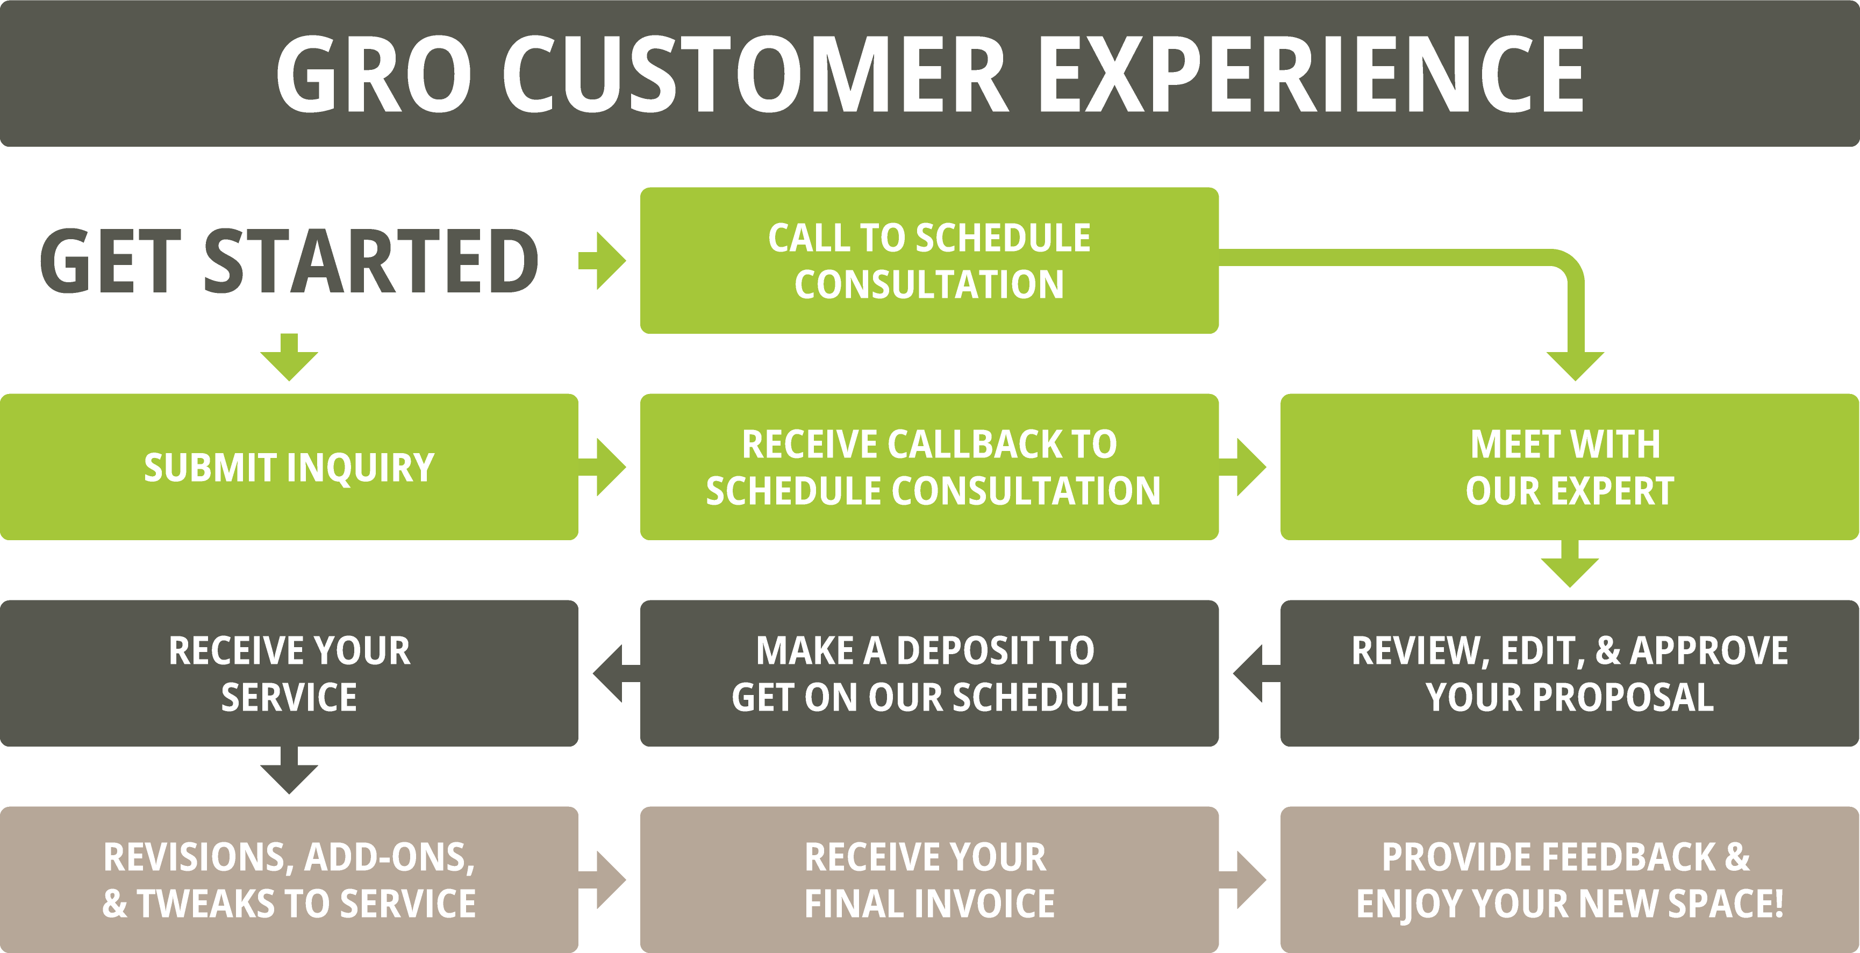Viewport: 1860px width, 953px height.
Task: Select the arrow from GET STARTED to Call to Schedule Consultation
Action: [602, 261]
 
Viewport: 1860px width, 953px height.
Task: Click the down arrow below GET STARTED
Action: [289, 357]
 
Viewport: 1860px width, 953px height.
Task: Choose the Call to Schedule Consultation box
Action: [929, 261]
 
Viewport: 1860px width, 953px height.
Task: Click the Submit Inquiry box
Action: [289, 467]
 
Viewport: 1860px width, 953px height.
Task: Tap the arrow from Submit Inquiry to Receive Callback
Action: [602, 467]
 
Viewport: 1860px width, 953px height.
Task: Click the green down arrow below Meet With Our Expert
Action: [1570, 564]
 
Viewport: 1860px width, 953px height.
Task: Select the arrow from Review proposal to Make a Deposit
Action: [1257, 673]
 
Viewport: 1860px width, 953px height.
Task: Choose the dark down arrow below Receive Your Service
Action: [289, 770]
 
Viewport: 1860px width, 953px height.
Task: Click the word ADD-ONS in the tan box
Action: [389, 858]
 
